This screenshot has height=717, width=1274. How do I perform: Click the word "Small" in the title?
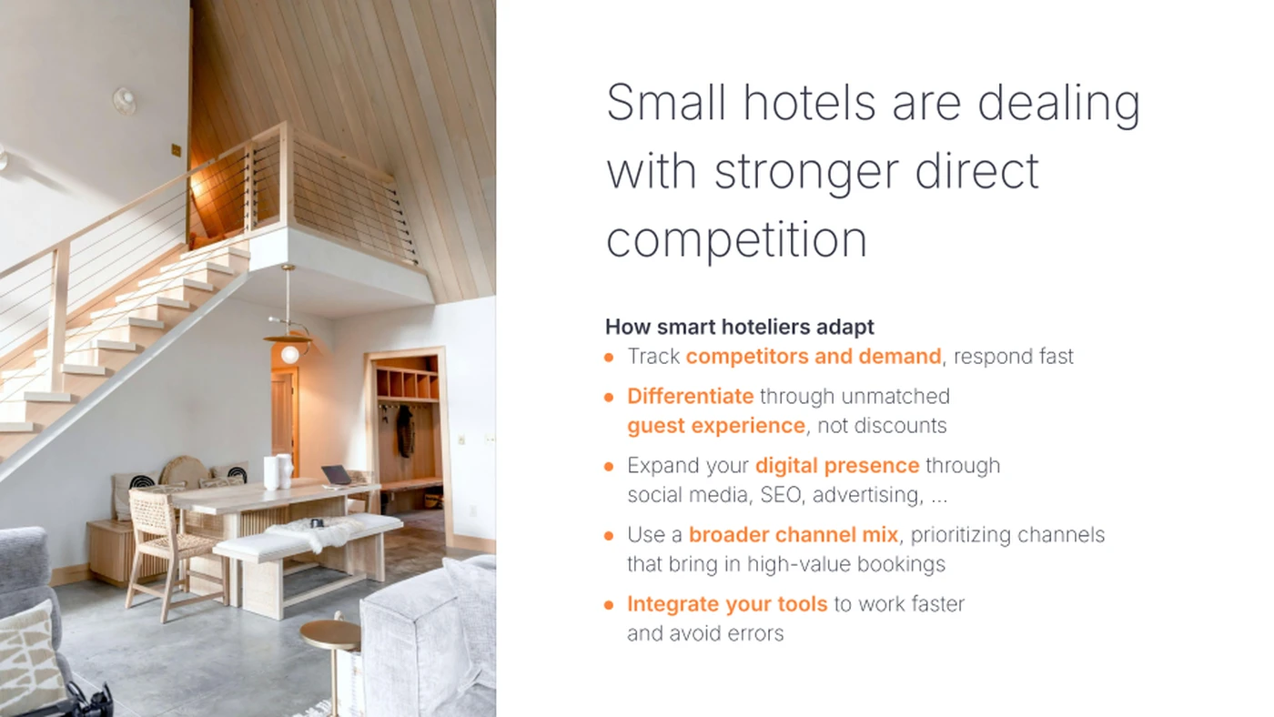(x=666, y=102)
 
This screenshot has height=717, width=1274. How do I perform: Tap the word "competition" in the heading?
(x=736, y=240)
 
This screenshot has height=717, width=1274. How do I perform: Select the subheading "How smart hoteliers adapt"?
(x=740, y=327)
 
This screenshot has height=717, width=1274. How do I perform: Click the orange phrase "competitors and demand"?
(x=814, y=357)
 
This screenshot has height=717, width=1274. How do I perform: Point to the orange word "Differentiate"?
(x=690, y=397)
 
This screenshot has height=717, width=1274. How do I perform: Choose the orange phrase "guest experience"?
(x=716, y=426)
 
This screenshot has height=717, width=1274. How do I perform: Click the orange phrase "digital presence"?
(x=837, y=466)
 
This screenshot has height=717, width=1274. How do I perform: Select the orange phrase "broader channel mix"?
(x=794, y=535)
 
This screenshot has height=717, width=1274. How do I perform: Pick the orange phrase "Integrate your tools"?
(x=727, y=604)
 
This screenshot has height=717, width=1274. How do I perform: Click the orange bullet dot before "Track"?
(x=609, y=358)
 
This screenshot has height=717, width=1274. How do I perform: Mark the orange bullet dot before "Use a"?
(x=609, y=536)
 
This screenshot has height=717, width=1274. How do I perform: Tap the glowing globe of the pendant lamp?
(x=289, y=354)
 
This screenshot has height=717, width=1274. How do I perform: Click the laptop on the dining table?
(x=336, y=476)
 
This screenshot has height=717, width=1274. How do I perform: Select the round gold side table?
(x=329, y=636)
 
